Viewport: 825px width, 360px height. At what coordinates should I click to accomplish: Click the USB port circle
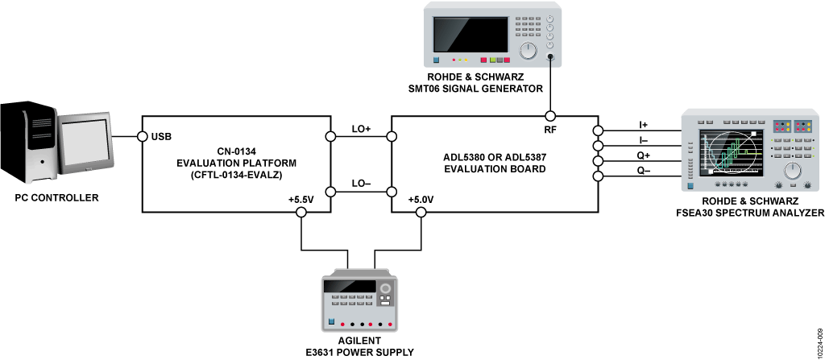(x=142, y=137)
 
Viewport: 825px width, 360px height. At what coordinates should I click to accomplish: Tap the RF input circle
(x=550, y=116)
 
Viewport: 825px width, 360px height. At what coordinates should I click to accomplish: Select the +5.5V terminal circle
(x=301, y=212)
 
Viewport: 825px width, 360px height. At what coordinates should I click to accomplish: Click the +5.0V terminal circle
(x=421, y=212)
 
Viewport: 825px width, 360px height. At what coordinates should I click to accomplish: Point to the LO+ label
(x=361, y=128)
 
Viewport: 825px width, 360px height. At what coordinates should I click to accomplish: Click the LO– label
(x=361, y=183)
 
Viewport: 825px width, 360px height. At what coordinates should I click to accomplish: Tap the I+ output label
(x=644, y=125)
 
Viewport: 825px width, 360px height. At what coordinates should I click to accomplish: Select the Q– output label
(x=644, y=170)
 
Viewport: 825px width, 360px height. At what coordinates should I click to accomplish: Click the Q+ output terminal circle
(x=598, y=160)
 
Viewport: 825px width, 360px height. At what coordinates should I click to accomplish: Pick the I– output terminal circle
(x=598, y=145)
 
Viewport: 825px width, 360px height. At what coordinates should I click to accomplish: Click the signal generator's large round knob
(x=527, y=50)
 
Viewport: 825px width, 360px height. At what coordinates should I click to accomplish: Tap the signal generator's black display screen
(x=471, y=34)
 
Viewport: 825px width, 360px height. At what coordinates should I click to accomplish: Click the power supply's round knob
(x=386, y=289)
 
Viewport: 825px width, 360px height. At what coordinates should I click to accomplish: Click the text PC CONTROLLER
(x=57, y=198)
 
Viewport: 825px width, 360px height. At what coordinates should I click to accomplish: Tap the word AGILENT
(x=360, y=341)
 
